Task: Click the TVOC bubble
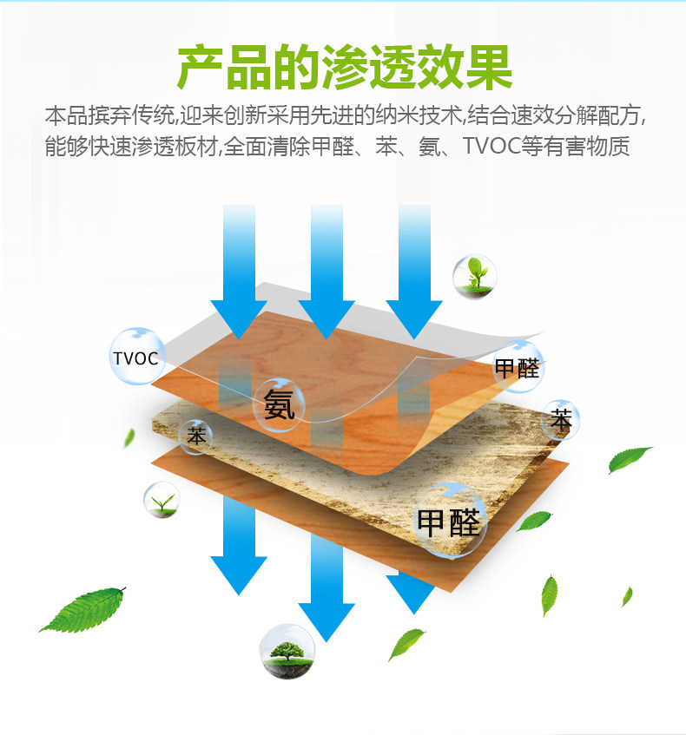point(136,357)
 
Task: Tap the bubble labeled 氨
point(280,404)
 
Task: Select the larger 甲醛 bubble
point(449,521)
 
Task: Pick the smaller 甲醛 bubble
point(518,367)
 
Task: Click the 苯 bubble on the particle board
point(197,436)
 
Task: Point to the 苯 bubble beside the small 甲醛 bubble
point(561,420)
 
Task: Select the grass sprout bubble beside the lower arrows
point(162,501)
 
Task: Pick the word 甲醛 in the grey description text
point(329,146)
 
